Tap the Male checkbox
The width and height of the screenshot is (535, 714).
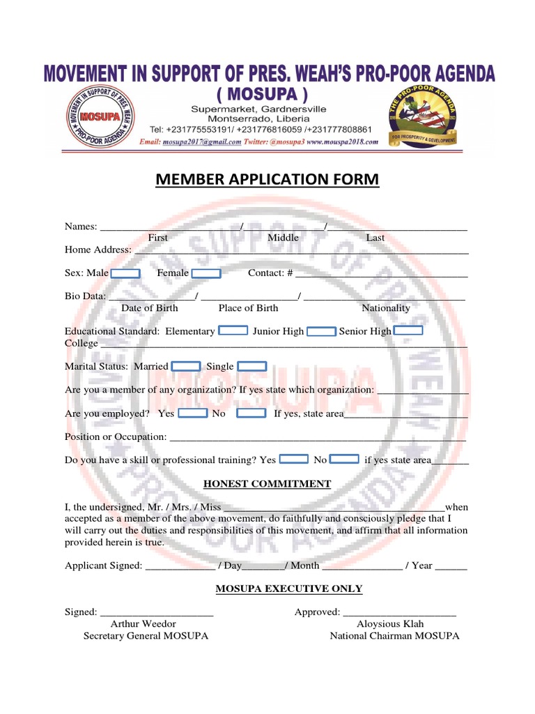125,273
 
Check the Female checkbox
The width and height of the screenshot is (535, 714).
206,273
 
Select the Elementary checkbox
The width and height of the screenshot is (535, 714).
233,331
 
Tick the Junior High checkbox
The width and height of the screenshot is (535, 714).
321,331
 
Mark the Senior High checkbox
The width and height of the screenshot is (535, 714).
408,331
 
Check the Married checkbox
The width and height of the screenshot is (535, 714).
186,366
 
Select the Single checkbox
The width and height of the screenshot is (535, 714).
251,366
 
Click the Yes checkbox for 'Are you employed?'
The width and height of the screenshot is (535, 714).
193,413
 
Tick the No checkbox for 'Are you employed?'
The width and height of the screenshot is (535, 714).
251,413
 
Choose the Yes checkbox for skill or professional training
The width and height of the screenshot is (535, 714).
293,459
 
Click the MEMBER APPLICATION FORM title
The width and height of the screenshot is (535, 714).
267,180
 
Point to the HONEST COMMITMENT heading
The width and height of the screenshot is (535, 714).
267,484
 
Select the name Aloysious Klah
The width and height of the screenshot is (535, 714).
390,623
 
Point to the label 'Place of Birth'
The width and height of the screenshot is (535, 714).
248,307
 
